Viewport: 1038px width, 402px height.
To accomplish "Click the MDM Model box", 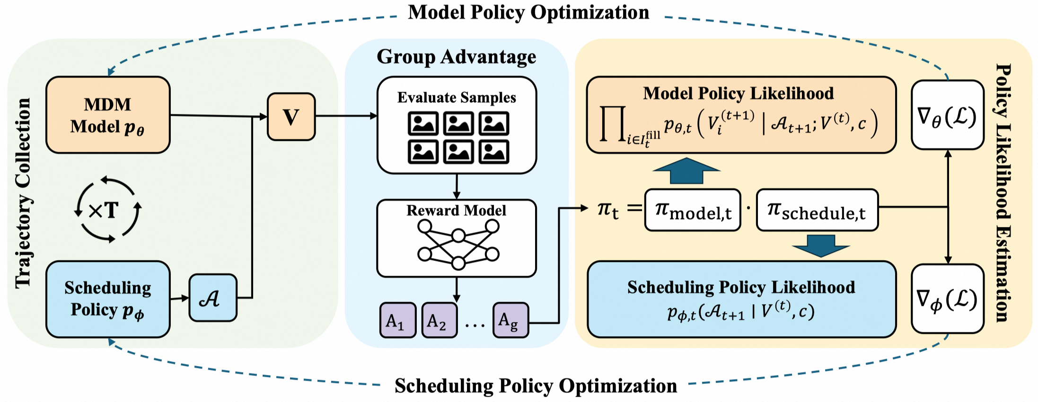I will (x=108, y=115).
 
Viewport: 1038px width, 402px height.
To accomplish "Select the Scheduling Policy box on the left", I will (x=108, y=299).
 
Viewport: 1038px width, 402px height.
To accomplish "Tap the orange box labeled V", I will (x=291, y=117).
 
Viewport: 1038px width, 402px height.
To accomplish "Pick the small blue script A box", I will (x=212, y=298).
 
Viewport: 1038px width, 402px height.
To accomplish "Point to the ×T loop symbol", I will (x=108, y=210).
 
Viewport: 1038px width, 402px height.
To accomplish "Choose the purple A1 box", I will (x=397, y=320).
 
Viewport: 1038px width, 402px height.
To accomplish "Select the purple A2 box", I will (x=439, y=320).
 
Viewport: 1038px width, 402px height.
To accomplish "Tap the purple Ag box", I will (x=510, y=320).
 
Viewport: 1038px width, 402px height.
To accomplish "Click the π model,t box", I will (x=693, y=210).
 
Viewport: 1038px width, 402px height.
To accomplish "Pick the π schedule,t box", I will (x=817, y=210).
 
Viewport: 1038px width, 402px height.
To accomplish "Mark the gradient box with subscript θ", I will (x=947, y=115).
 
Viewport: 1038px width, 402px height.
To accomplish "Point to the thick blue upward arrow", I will (x=686, y=171).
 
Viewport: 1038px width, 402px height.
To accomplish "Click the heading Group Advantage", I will (x=456, y=57).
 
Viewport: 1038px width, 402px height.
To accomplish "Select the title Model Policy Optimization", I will (x=528, y=12).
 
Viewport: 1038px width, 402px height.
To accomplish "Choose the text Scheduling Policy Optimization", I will (x=536, y=386).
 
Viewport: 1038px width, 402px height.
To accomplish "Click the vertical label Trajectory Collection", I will (x=23, y=193).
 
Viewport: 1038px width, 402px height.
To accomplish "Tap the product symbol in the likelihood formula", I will (x=613, y=124).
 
